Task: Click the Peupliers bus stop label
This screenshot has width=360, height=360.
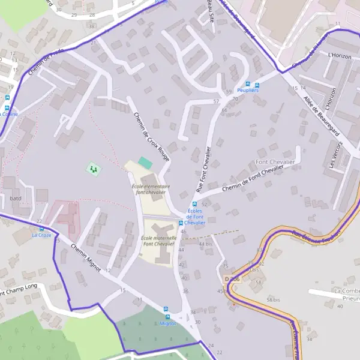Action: point(247,91)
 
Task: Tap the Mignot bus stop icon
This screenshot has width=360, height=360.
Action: point(167,316)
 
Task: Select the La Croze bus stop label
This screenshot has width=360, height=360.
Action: point(41,236)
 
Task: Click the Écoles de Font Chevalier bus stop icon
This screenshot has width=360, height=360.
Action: point(182,223)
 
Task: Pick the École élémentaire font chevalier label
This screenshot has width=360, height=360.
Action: point(151,189)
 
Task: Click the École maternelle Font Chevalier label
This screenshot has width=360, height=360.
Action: point(158,241)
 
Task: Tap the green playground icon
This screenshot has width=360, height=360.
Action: point(93,169)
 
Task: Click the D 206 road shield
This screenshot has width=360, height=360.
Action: point(232,279)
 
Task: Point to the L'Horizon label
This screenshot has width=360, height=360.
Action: point(339,55)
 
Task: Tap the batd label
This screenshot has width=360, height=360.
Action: point(16,198)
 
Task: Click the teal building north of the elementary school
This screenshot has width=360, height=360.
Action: point(145,162)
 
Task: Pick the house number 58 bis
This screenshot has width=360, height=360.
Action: point(274,299)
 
